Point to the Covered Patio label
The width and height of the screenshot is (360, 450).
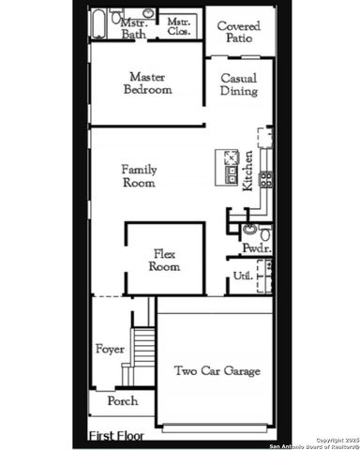[x=238, y=33]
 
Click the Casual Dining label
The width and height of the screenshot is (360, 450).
[x=238, y=85]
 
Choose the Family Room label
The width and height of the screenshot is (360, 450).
[x=139, y=176]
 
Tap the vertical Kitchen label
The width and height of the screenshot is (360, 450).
[x=247, y=170]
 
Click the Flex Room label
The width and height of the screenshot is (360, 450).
[x=164, y=260]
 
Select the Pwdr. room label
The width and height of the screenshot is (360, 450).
[x=255, y=248]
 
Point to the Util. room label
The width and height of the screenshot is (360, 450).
[x=240, y=275]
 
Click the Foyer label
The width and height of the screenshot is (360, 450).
[x=110, y=350]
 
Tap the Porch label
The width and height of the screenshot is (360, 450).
[x=121, y=400]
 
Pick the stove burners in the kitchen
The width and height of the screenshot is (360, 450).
[x=266, y=178]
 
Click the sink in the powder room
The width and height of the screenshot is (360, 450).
[x=249, y=230]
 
